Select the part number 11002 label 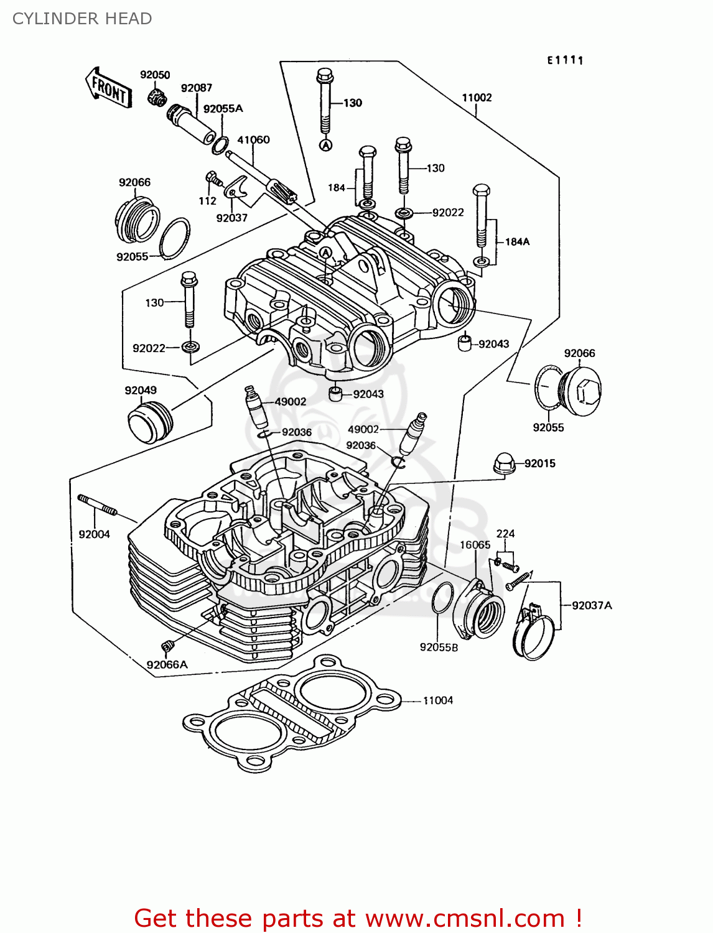click(x=477, y=98)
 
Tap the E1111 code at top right click(x=565, y=60)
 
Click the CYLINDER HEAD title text click(x=82, y=19)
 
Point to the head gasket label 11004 click(x=438, y=700)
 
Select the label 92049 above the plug click(x=141, y=391)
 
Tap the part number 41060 click(x=253, y=140)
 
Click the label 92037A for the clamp click(x=592, y=605)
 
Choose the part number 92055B click(x=439, y=648)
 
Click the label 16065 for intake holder click(x=475, y=545)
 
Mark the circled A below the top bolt click(x=326, y=145)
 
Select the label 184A click(x=517, y=242)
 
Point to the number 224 click(x=505, y=534)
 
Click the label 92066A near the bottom click(x=167, y=665)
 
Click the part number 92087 click(x=197, y=88)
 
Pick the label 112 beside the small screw click(x=207, y=201)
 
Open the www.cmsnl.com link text click(x=464, y=918)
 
